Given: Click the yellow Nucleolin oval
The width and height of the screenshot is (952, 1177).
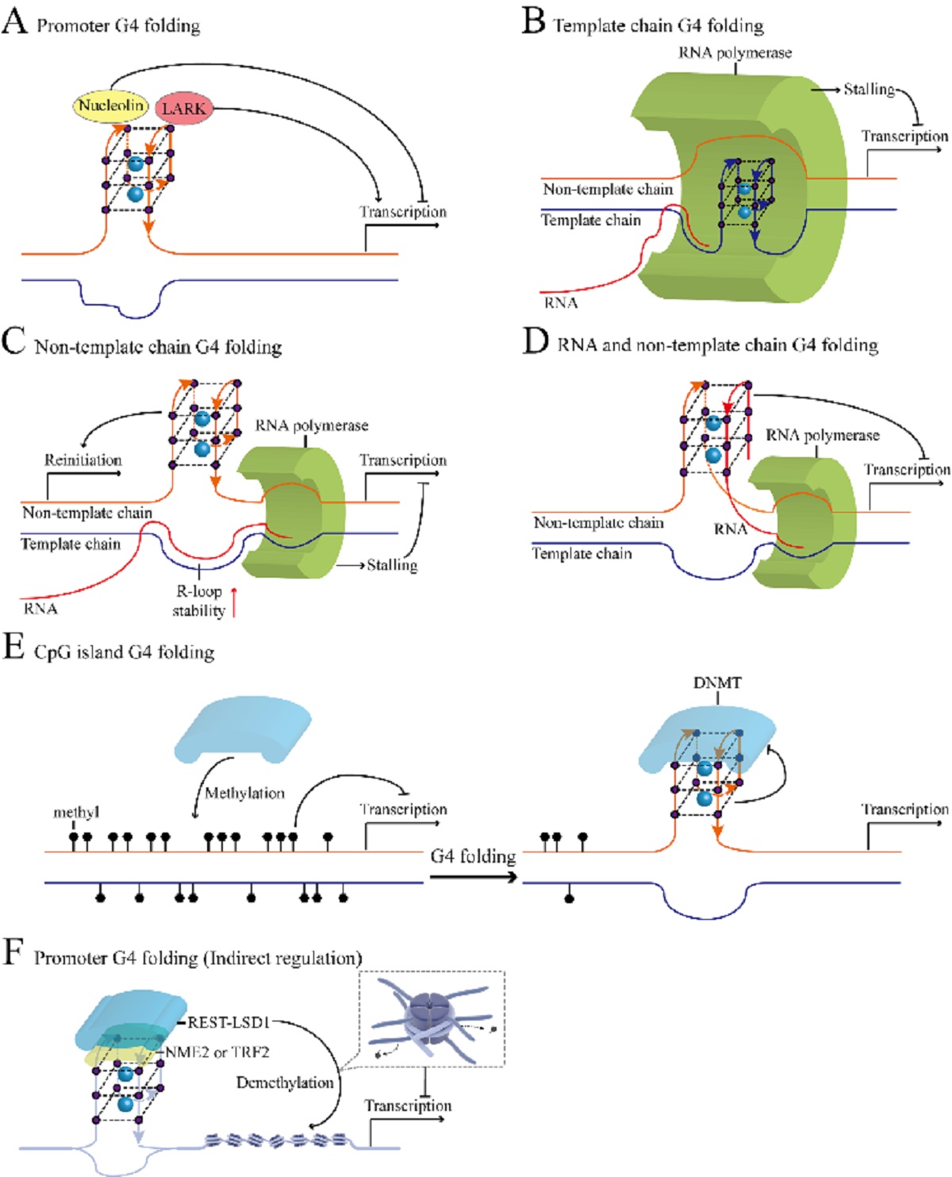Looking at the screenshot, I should coord(110,106).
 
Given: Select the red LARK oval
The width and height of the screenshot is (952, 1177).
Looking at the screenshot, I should coord(184,109).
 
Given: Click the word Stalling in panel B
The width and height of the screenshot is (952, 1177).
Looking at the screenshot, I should coord(869,89).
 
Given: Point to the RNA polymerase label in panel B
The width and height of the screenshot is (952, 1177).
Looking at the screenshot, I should coord(735,53).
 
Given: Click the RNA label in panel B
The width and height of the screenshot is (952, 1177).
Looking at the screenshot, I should coord(560,302).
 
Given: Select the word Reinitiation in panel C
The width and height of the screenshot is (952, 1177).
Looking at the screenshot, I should coord(83,460).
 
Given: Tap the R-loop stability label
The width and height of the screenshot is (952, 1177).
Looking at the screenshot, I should coord(198,601).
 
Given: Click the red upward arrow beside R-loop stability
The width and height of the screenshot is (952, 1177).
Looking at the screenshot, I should coord(234,601).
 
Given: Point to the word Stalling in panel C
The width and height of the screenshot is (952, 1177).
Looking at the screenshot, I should coord(392,565).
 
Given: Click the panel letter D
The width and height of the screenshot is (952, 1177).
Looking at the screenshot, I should coord(536,340).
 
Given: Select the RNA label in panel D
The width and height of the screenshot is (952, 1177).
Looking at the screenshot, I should coord(730,529).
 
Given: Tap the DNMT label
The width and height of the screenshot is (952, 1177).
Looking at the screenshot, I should coord(717,683).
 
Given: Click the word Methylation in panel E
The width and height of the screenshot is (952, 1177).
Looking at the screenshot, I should coord(244,793).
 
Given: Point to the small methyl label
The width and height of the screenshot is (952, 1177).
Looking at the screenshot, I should coord(76,812).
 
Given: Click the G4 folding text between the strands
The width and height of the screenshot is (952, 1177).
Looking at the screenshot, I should coord(473,856).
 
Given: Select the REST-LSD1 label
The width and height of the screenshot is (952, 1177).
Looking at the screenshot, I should coord(228,1022).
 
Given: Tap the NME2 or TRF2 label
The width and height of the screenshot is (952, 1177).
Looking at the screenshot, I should coord(217,1052).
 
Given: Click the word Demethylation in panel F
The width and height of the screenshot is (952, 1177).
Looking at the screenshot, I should coord(285,1083).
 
